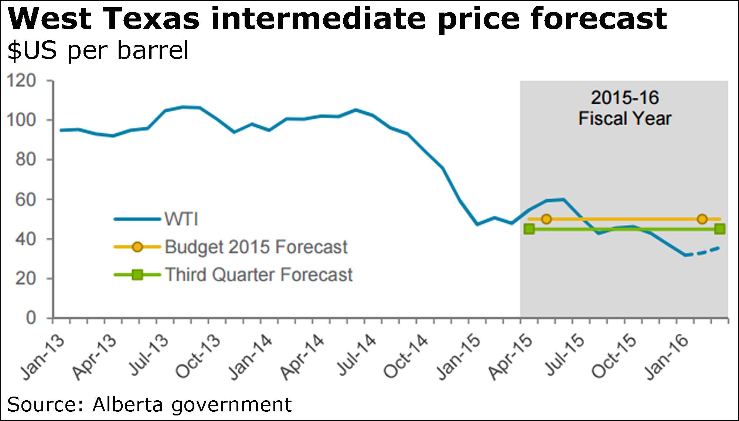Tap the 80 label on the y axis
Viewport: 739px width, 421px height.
(26, 160)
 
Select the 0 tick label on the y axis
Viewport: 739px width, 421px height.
(31, 318)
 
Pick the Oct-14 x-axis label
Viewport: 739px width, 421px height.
(406, 357)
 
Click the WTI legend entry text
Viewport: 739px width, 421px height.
(181, 219)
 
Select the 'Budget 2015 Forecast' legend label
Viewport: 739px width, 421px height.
(256, 247)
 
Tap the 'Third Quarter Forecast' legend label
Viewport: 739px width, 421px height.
(259, 275)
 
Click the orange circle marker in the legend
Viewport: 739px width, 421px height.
(137, 247)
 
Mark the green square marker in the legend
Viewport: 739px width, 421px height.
(137, 275)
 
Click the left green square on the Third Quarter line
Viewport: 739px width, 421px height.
(529, 229)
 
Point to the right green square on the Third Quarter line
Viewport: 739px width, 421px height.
(719, 229)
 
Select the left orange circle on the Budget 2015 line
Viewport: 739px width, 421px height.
(546, 219)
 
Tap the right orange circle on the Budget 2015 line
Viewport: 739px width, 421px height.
(702, 219)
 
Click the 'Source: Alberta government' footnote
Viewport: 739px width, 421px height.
(150, 404)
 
